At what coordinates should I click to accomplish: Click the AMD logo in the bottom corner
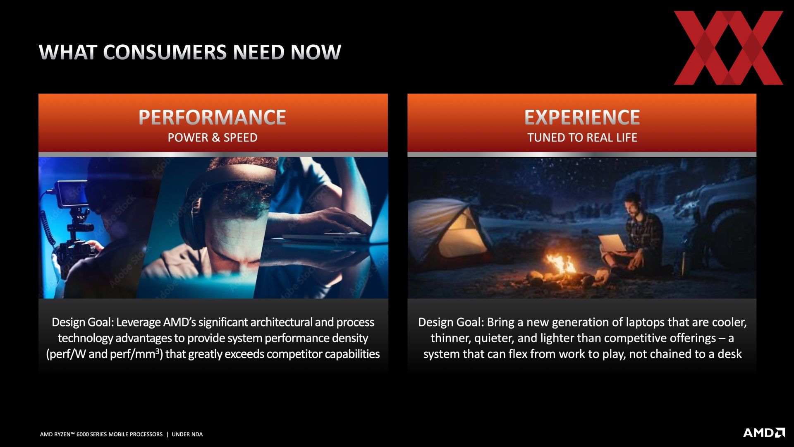[x=764, y=433]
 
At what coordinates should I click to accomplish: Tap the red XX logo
[x=728, y=48]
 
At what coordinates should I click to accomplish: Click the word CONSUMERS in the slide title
[x=165, y=52]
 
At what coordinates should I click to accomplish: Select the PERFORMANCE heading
[x=212, y=117]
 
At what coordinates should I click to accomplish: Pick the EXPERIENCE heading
[x=582, y=117]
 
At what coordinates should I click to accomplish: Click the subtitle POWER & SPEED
[x=212, y=137]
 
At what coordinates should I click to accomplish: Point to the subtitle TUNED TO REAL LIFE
[x=582, y=137]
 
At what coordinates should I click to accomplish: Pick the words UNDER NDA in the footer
[x=187, y=434]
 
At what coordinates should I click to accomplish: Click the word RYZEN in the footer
[x=64, y=434]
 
